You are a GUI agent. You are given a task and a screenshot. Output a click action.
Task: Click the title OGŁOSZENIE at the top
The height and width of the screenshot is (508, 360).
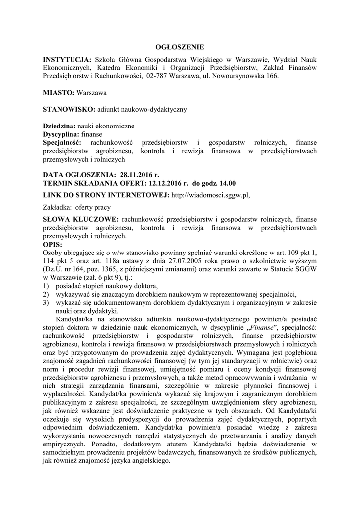[180, 47]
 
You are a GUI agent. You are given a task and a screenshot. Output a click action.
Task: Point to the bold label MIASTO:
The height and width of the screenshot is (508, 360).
[59, 92]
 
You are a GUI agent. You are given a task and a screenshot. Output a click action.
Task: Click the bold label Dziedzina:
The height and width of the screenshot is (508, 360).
[59, 127]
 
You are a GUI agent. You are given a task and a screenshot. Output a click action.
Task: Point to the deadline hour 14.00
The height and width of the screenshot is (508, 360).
[226, 183]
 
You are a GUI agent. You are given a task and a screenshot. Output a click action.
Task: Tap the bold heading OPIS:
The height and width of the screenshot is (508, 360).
[53, 244]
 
